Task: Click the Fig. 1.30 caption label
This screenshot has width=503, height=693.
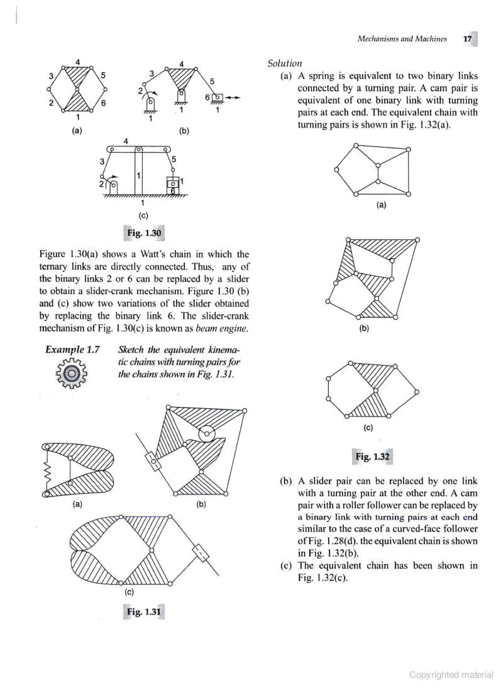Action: [x=144, y=233]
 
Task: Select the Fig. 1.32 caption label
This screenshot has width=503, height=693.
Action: [x=372, y=456]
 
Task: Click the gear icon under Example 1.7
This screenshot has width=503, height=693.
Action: [x=72, y=374]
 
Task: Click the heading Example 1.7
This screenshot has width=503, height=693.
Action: [x=72, y=349]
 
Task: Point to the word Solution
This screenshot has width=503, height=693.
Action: [x=285, y=64]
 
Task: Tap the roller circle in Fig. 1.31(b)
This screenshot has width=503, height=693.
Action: [x=207, y=434]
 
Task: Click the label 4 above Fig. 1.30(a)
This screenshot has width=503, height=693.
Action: [x=78, y=62]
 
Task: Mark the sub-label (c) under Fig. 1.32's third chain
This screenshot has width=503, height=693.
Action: [x=368, y=428]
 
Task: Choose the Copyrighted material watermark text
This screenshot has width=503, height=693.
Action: [x=451, y=675]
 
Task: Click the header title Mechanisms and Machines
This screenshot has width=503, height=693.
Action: [x=402, y=39]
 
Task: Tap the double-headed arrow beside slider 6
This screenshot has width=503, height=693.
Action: [x=233, y=97]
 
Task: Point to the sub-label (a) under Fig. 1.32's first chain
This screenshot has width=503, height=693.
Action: [x=381, y=205]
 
